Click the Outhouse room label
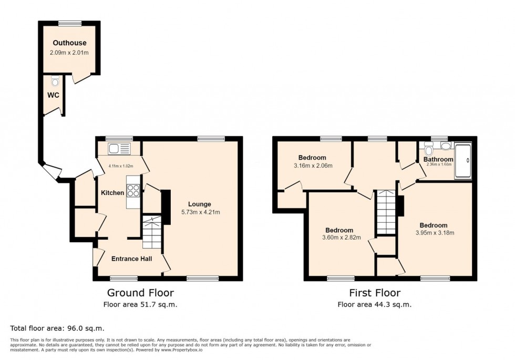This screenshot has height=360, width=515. pos(69,43)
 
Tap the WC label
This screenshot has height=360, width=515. pos(53,95)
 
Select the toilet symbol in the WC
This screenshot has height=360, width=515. pos(55,82)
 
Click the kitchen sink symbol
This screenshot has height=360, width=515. pos(119,149)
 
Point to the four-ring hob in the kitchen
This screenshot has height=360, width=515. pos(133,190)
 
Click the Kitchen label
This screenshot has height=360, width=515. pos(112,193)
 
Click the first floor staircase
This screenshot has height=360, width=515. pos(386,213)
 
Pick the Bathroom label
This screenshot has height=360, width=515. pos(438,159)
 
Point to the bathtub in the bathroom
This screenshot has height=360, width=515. pos(463,161)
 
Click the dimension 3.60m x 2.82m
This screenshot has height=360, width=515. pos(339,238)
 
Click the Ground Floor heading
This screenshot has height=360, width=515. pos(140,293)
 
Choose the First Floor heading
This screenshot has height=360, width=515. pos(374,293)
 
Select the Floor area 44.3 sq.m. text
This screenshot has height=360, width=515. pos(374,304)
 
